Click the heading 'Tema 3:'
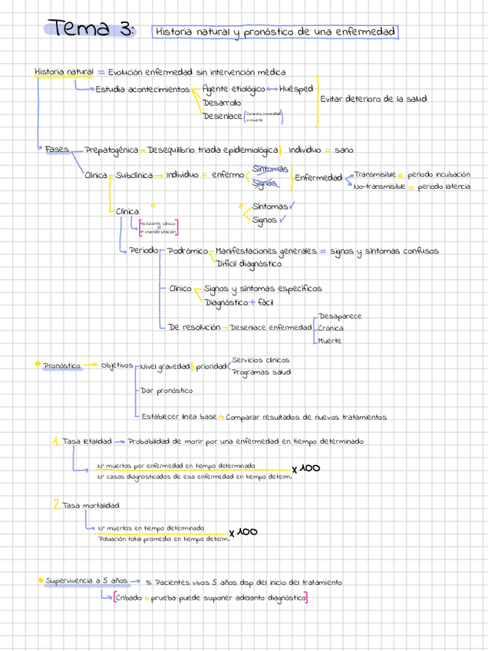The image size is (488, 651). (x=91, y=29)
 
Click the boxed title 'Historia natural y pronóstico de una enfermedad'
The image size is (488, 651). (x=275, y=32)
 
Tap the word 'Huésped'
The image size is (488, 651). (x=295, y=89)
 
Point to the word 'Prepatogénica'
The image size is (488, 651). (x=111, y=150)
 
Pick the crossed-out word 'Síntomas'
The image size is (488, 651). (x=270, y=168)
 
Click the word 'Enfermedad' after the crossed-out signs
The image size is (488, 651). (x=318, y=177)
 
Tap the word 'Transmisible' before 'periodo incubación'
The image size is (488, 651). (x=374, y=174)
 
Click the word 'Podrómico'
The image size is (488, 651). (x=187, y=251)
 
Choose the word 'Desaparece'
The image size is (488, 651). (x=340, y=316)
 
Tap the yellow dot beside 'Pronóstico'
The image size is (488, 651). (x=36, y=365)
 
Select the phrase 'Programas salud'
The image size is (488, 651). (x=262, y=372)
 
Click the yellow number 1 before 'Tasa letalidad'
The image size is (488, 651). (x=56, y=441)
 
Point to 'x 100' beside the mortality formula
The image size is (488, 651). (x=243, y=531)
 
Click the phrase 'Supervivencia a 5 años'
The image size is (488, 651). (x=85, y=581)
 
